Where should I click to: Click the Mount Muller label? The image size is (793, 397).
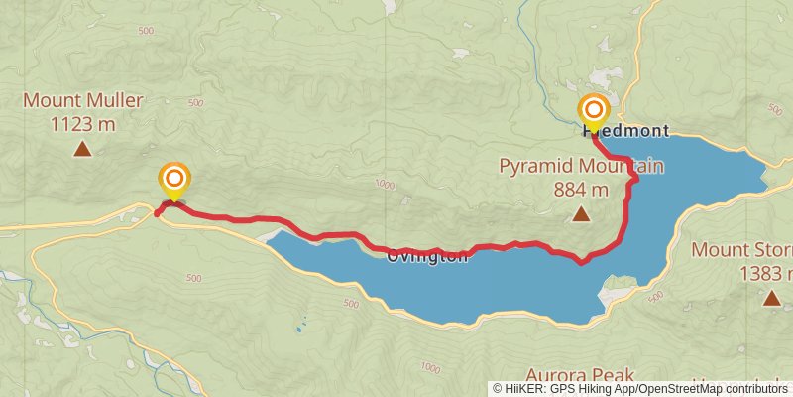tap(83, 100)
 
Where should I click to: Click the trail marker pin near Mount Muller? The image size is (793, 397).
tap(173, 180)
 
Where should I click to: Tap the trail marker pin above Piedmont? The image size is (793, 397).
tap(594, 109)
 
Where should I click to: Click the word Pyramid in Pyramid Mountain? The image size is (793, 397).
tap(535, 166)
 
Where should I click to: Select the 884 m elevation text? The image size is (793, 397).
tap(581, 189)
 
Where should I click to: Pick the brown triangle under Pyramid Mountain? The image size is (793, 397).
tap(580, 213)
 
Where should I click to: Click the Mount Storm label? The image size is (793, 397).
tap(740, 249)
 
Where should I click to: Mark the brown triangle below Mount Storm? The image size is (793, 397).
tap(771, 298)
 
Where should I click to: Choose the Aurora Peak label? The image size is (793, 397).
tap(579, 374)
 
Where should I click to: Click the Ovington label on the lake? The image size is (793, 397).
tap(426, 256)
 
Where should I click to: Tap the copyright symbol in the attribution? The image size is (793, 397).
tap(499, 388)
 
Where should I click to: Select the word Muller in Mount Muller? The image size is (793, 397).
tap(118, 100)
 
